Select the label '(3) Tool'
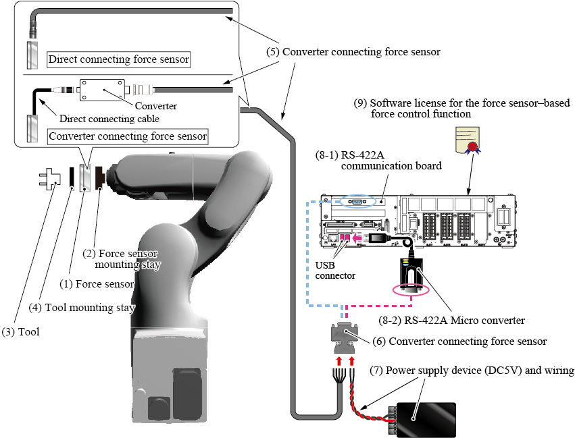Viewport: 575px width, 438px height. pyautogui.click(x=20, y=331)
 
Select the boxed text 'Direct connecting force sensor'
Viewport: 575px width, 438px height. pyautogui.click(x=118, y=59)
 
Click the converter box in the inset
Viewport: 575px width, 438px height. pyautogui.click(x=102, y=89)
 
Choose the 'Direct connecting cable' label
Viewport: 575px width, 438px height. pyautogui.click(x=109, y=119)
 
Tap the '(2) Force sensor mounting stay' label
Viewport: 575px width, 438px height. pyautogui.click(x=129, y=259)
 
